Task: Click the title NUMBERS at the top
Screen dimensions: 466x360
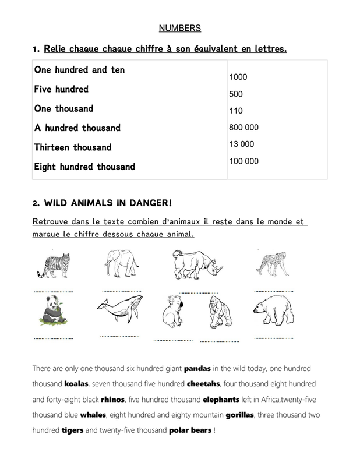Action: [x=179, y=27]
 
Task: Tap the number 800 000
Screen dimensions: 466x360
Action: [x=244, y=127]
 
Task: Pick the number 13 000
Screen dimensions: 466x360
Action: [x=242, y=144]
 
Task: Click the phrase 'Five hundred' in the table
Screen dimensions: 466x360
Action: [x=61, y=90]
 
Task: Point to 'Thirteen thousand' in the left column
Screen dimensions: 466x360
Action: [x=73, y=147]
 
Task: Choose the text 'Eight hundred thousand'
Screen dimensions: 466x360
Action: [x=84, y=167]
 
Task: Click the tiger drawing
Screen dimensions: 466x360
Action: [x=53, y=265]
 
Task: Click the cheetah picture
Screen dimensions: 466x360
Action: [x=272, y=264]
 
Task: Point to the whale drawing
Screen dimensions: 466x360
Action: [x=119, y=308]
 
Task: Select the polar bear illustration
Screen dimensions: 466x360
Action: [x=274, y=310]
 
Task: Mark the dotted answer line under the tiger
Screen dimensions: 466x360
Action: [x=54, y=291]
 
